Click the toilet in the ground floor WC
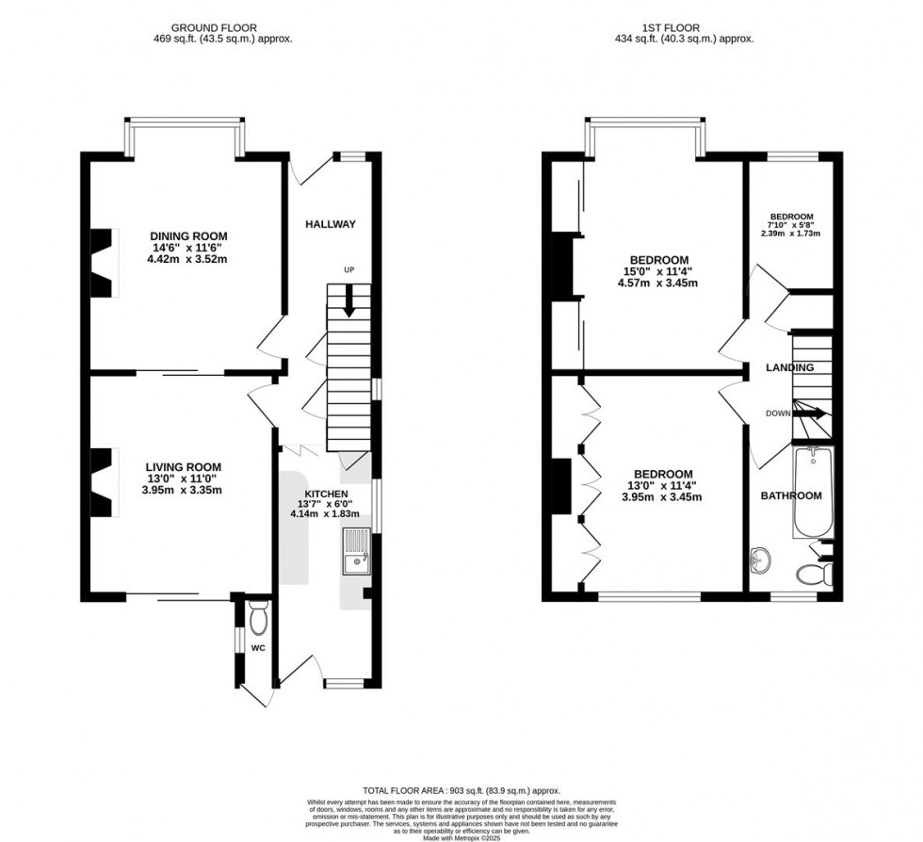258,619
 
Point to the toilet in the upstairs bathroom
814,573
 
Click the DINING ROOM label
188,235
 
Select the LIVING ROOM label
183,466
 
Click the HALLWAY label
330,224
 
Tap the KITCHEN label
326,494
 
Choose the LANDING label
789,367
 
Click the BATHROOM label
791,495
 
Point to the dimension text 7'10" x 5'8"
790,225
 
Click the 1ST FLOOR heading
684,28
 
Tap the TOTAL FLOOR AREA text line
461,790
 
